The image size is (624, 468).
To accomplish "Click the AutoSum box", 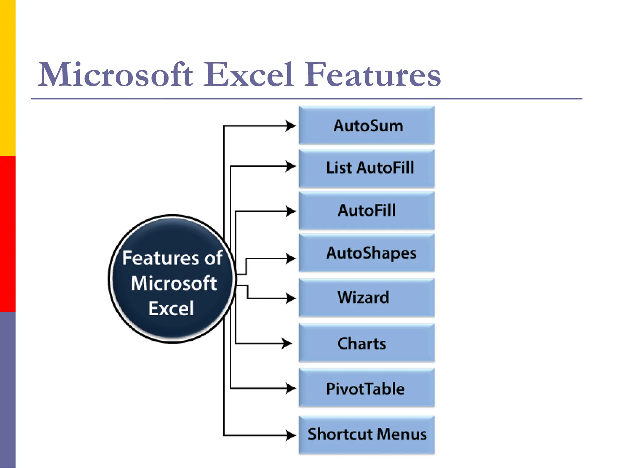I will tap(367, 125).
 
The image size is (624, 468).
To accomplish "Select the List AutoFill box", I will tap(367, 168).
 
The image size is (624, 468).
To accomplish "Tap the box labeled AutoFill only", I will tap(367, 211).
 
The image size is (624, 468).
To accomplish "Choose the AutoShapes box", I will tap(367, 253).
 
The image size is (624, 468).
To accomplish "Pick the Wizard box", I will tap(367, 298).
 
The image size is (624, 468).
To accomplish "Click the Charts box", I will tap(367, 343).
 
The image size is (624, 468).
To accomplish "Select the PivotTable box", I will tap(367, 388).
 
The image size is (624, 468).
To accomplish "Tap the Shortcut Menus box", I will tap(367, 434).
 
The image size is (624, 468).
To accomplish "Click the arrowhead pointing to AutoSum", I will tap(291, 126).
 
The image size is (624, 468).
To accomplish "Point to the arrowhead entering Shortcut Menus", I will tap(291, 435).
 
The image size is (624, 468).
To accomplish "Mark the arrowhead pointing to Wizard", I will tap(291, 298).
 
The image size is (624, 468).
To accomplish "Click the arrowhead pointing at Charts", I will tap(287, 343).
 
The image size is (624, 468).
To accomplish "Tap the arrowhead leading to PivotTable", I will tap(291, 388).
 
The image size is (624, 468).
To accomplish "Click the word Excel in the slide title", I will tap(248, 74).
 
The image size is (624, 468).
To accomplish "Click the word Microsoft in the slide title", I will tap(115, 74).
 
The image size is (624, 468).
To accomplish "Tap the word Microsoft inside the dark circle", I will tap(174, 283).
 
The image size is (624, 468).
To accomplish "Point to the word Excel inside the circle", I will tap(171, 308).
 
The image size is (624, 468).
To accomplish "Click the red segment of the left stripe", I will tap(8, 234).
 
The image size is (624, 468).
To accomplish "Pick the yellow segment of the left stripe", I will tap(8, 78).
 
